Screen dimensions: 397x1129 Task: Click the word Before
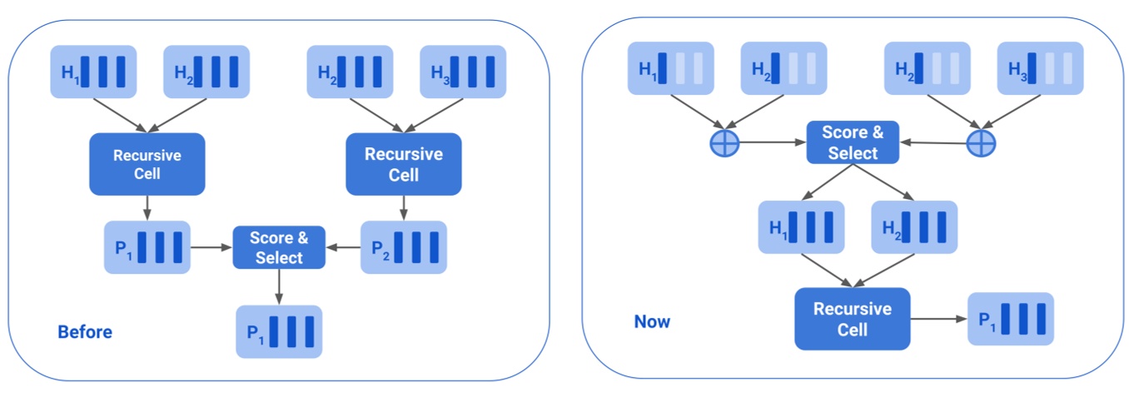[x=84, y=332]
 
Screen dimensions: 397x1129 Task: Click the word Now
[x=652, y=321]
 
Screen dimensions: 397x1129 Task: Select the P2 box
[x=404, y=247]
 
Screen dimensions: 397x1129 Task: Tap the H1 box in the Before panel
[x=93, y=72]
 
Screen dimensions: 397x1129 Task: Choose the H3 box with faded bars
[x=1041, y=68]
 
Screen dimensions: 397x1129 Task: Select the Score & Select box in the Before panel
[x=279, y=247]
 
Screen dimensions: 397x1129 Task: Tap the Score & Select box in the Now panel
[x=853, y=142]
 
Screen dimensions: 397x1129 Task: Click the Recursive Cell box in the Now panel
[x=852, y=319]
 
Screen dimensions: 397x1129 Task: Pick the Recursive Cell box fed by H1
[x=147, y=165]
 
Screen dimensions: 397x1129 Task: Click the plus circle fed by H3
[x=981, y=143]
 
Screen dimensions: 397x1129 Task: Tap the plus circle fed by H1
[x=724, y=143]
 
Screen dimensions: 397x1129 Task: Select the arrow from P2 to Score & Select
[x=343, y=247]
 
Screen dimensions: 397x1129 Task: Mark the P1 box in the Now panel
[x=1011, y=319]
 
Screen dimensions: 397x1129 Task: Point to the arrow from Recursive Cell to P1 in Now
[x=938, y=319]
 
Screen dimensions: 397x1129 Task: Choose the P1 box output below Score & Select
[x=279, y=332]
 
